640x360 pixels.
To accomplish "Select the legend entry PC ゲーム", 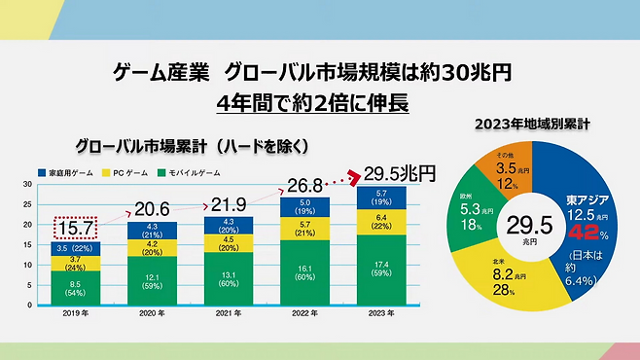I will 132,172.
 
